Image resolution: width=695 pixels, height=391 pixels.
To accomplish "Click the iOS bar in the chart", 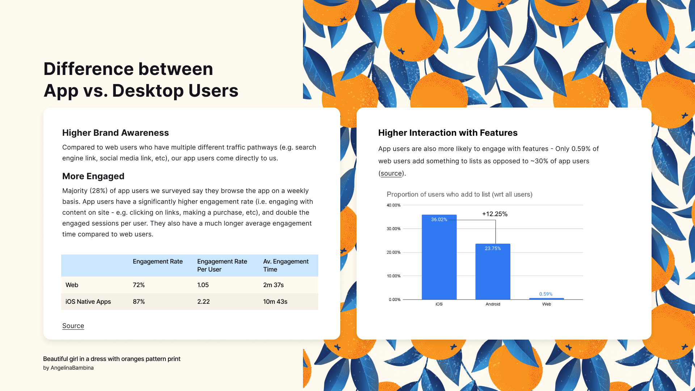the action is tap(439, 257).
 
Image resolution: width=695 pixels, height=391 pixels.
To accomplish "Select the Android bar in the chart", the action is tap(493, 272).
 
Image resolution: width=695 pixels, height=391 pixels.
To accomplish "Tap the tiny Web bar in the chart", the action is tap(547, 299).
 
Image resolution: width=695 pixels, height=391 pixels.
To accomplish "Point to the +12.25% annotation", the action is tap(495, 214).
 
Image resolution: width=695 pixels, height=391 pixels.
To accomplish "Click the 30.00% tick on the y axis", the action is tap(393, 229).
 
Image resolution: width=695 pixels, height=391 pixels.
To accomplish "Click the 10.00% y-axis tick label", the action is tap(393, 276).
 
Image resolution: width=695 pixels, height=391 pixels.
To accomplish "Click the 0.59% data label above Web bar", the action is tap(546, 294).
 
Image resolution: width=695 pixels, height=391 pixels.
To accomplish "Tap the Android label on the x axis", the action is tap(493, 304).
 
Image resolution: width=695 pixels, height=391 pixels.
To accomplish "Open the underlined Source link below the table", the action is tap(73, 326).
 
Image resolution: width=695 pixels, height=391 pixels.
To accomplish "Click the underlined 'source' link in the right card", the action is tap(391, 173).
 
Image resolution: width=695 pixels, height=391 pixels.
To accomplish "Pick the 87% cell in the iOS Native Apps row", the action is tap(139, 302).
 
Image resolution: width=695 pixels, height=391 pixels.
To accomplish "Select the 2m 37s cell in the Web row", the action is tap(273, 285).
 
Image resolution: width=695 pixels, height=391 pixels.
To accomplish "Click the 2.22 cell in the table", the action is tap(203, 302).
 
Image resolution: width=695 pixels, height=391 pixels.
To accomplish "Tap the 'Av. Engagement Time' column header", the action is tap(286, 265).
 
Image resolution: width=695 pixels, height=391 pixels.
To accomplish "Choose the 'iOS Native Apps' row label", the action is tap(88, 302).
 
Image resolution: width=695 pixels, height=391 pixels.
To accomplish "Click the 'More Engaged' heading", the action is tap(93, 176).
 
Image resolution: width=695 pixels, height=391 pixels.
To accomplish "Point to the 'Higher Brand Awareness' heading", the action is tap(115, 133).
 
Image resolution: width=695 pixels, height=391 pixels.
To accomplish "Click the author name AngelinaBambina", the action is tap(72, 368).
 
